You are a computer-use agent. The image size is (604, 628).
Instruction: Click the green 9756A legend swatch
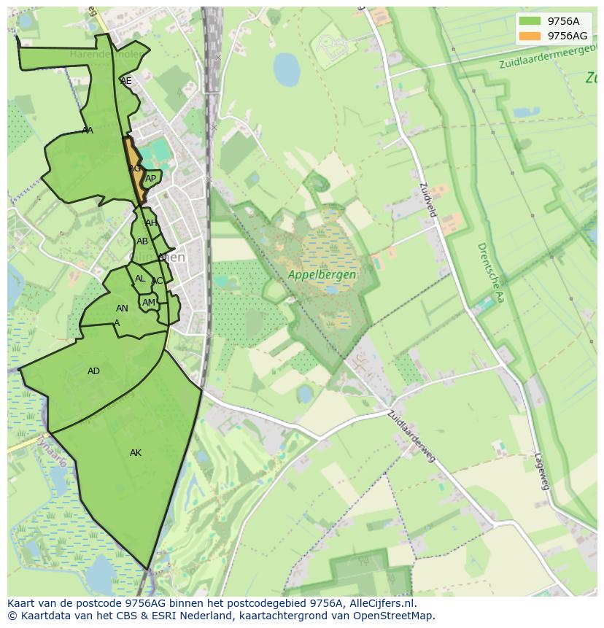(530, 21)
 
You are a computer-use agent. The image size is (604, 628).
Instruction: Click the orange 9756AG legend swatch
(530, 36)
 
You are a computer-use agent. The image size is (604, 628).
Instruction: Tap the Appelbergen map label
(322, 275)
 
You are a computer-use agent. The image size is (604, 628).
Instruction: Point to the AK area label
(136, 453)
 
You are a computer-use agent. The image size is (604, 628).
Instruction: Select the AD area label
(93, 371)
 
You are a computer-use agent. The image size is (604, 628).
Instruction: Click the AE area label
(126, 81)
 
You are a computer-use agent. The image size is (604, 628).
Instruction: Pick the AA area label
(88, 131)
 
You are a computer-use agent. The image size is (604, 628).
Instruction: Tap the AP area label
(150, 179)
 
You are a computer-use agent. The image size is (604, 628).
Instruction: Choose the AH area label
(150, 223)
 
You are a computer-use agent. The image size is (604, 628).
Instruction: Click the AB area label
(142, 241)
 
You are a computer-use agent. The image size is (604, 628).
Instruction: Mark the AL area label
(140, 279)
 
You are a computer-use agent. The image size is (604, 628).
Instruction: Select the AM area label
(149, 303)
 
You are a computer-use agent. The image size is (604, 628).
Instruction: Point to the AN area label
(122, 309)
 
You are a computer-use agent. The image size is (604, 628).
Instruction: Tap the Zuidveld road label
(428, 198)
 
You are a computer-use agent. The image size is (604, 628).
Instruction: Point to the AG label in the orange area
(134, 168)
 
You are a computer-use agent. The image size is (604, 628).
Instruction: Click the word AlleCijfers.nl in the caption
(379, 603)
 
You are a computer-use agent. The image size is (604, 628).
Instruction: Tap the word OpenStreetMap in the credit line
(396, 616)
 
